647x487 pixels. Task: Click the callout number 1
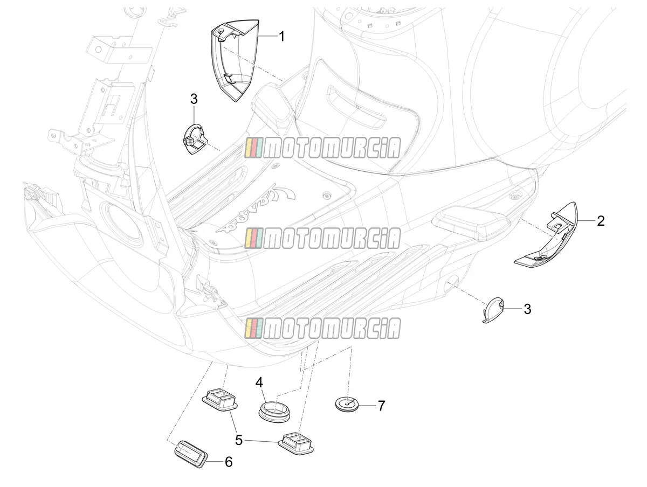[282, 37]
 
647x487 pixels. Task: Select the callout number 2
[601, 221]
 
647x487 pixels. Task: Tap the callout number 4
[259, 382]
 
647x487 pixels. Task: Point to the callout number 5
[239, 440]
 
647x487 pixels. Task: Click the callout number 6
[229, 462]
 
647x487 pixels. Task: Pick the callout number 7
[381, 406]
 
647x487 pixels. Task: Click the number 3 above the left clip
[194, 99]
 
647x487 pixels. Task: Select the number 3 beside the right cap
[527, 309]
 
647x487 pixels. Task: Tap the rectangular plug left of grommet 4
[220, 399]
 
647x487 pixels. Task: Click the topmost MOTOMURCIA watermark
[322, 148]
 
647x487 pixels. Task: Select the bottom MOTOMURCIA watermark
[322, 328]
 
